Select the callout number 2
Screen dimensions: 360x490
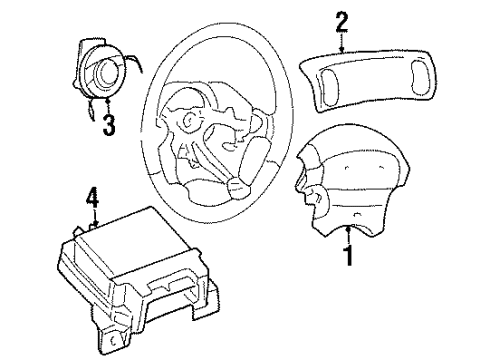click(x=342, y=19)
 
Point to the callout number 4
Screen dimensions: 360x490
click(x=92, y=201)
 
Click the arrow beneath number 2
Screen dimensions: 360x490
click(x=342, y=45)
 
